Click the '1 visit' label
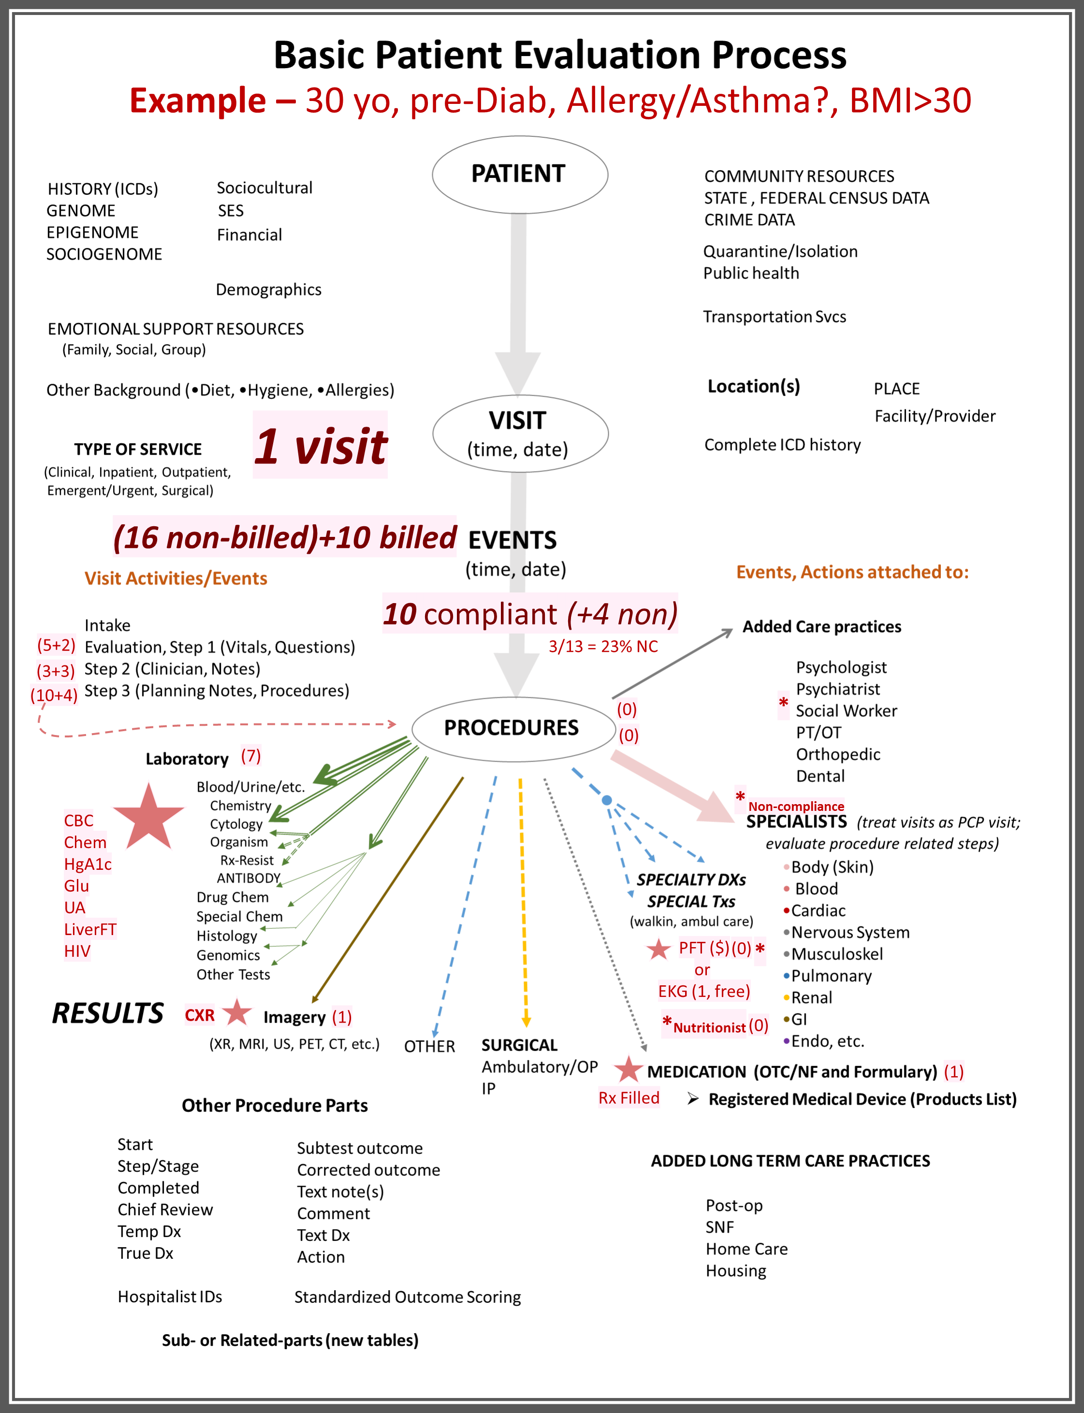tap(320, 445)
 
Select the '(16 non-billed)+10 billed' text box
tap(285, 536)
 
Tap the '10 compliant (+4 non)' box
tap(530, 613)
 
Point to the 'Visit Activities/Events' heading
tap(176, 578)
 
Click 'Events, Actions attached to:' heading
tap(852, 573)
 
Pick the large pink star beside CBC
tap(148, 817)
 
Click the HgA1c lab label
tap(88, 864)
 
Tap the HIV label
tap(77, 951)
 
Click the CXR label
tap(199, 1015)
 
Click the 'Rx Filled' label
tap(629, 1097)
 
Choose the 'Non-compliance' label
tap(795, 806)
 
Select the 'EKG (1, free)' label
tap(704, 991)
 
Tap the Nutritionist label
tap(709, 1027)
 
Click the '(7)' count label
tap(250, 755)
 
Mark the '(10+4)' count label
tap(54, 695)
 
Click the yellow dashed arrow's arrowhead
tap(526, 1022)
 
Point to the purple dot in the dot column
tap(786, 1041)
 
